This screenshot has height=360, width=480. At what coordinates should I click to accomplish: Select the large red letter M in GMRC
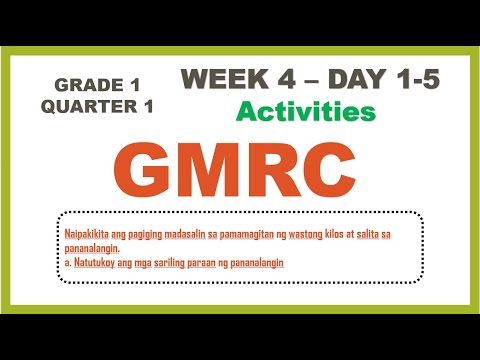click(222, 171)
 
